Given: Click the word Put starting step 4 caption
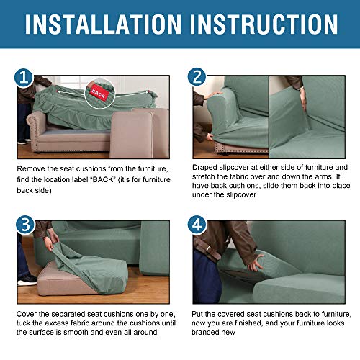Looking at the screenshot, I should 199,315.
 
